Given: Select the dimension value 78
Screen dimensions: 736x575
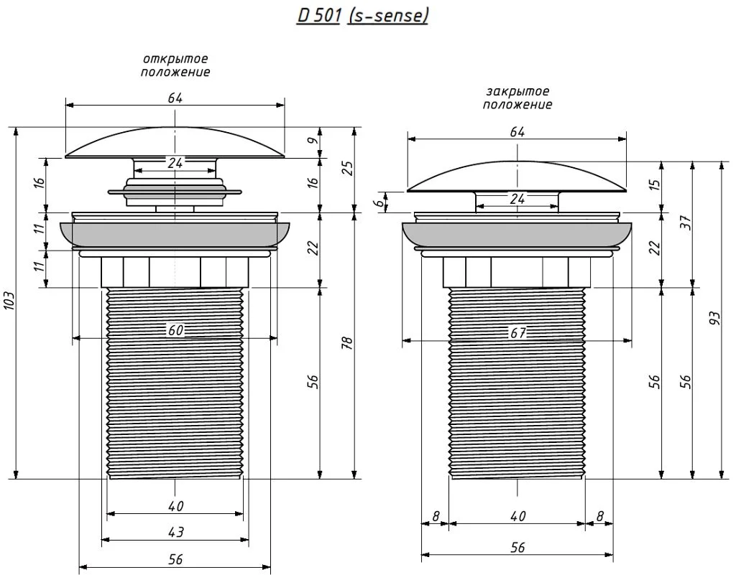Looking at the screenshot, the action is [348, 344].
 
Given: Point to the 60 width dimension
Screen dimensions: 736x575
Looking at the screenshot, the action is [175, 330].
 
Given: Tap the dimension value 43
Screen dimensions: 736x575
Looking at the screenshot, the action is [175, 533].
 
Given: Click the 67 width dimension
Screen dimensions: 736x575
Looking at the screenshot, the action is [517, 332].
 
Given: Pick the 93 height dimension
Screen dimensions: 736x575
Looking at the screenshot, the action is [714, 319].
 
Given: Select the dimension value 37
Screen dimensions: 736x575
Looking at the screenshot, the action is [686, 222].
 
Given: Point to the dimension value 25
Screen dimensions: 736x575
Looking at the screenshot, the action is [348, 168].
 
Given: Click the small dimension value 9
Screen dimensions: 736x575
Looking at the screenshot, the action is [314, 140].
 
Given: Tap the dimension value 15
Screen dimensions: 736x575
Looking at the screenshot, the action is [655, 182].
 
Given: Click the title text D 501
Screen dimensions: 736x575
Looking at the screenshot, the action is [318, 16].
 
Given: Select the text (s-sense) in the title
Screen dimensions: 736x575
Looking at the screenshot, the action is [387, 16].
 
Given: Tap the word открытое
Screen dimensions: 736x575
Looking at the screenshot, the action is [175, 60].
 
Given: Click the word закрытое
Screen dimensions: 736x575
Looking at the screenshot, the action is [517, 91].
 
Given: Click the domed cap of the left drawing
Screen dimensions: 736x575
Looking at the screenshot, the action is [175, 142].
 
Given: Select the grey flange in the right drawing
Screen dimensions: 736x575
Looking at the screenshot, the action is [517, 235].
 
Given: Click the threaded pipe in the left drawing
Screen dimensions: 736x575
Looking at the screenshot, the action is [175, 383].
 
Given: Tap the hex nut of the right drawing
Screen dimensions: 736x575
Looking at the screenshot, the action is [517, 272].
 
